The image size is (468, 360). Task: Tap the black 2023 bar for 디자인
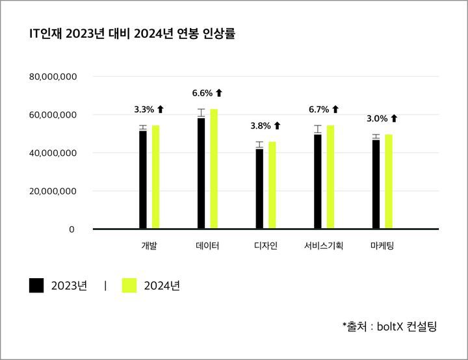pyautogui.click(x=259, y=188)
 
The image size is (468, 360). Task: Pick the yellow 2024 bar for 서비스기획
pyautogui.click(x=330, y=177)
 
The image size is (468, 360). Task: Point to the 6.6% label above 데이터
pyautogui.click(x=202, y=93)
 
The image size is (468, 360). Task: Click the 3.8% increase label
pyautogui.click(x=261, y=125)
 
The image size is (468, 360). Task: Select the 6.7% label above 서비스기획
pyautogui.click(x=319, y=109)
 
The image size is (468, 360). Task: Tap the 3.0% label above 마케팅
pyautogui.click(x=377, y=118)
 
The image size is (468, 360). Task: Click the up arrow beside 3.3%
pyautogui.click(x=161, y=109)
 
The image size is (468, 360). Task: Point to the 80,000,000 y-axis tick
pyautogui.click(x=53, y=77)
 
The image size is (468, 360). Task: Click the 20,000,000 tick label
pyautogui.click(x=53, y=191)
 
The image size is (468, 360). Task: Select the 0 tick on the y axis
pyautogui.click(x=72, y=229)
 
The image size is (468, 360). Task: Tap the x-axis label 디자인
pyautogui.click(x=266, y=246)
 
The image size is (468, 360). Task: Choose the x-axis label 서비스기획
pyautogui.click(x=324, y=246)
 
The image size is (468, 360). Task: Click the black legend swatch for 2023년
pyautogui.click(x=36, y=285)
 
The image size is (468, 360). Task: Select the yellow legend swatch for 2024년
pyautogui.click(x=129, y=285)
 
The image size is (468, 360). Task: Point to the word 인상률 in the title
pyautogui.click(x=220, y=34)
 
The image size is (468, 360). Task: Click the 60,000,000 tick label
pyautogui.click(x=53, y=115)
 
